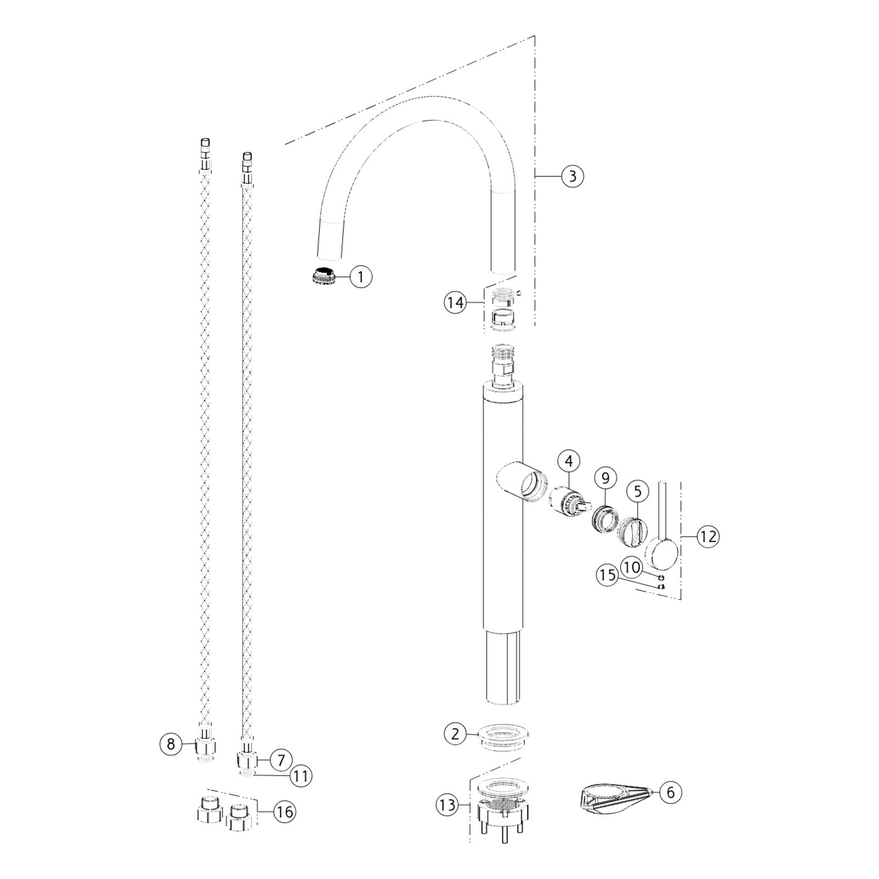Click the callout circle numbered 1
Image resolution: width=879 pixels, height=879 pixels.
tap(360, 277)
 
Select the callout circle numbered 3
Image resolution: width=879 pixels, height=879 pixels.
tap(572, 176)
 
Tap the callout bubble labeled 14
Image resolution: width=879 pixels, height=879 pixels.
tap(456, 303)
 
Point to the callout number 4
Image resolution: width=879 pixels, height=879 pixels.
tap(569, 461)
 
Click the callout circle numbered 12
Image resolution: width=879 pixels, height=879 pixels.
tap(708, 536)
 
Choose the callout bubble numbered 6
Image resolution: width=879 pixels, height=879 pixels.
tap(670, 792)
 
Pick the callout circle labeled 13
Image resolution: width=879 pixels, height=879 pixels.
tap(448, 805)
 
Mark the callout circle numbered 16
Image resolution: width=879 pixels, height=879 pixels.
tap(285, 811)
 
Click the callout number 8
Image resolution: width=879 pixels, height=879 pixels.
tap(171, 744)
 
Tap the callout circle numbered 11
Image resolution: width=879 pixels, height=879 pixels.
tap(300, 776)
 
